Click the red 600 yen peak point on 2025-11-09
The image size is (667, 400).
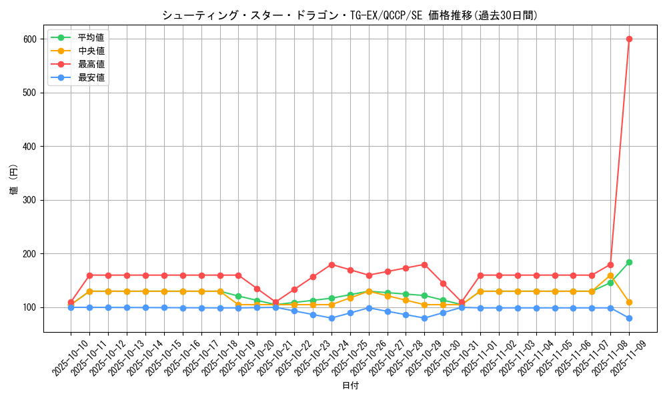629,39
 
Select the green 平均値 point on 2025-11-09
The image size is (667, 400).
629,262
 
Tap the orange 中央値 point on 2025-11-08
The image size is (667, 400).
610,275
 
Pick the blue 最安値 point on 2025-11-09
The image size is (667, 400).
629,318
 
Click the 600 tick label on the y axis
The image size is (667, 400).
31,39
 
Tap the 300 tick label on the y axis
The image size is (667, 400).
31,200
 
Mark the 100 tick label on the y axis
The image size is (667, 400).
31,307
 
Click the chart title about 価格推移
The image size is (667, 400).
350,15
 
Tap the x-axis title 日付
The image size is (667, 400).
350,386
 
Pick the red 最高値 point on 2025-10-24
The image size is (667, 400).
331,265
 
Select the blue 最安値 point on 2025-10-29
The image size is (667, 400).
424,318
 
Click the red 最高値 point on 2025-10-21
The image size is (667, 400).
275,302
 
